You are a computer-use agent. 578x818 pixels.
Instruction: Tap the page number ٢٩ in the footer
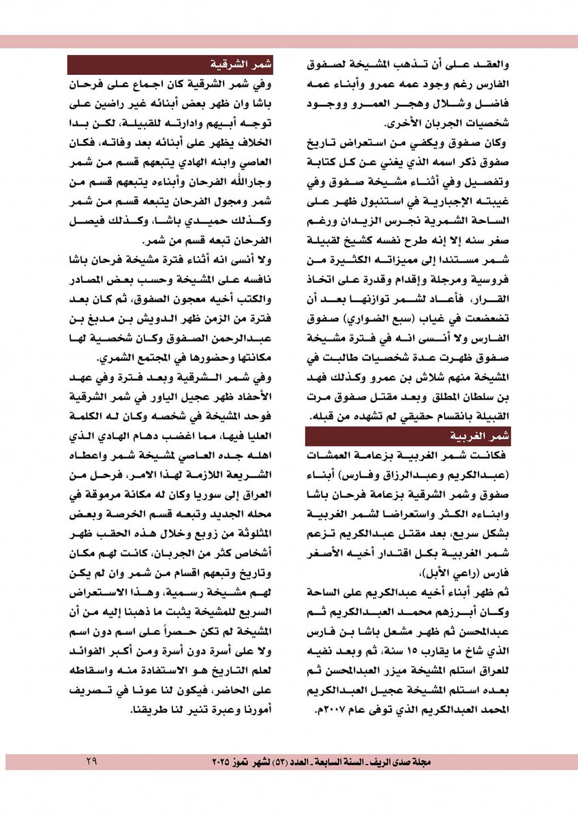[91, 759]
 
